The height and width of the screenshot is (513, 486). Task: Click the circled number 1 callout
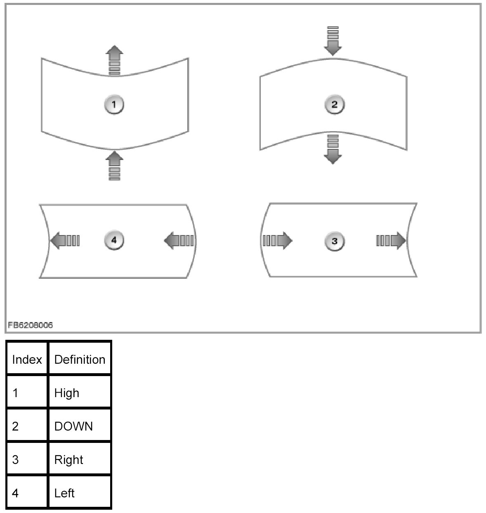(114, 104)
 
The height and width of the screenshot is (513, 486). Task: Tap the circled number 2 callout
(334, 104)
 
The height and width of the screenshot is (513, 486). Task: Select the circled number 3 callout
(334, 241)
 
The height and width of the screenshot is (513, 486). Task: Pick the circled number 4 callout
(114, 240)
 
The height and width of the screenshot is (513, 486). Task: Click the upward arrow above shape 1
(114, 61)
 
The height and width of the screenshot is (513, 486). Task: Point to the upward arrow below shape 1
(114, 166)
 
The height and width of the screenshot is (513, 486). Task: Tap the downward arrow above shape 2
(333, 41)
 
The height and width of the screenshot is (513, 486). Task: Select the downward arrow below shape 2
(333, 149)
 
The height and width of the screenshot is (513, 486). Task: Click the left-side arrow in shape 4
(65, 240)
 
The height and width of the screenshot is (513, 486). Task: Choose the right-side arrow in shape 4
(179, 240)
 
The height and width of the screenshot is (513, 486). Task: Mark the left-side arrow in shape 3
(277, 240)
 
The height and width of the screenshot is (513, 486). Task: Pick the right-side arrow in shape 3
(391, 240)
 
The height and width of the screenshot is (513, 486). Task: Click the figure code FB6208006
(30, 325)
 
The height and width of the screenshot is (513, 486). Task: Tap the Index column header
(27, 359)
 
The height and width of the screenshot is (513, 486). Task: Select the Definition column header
(80, 359)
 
